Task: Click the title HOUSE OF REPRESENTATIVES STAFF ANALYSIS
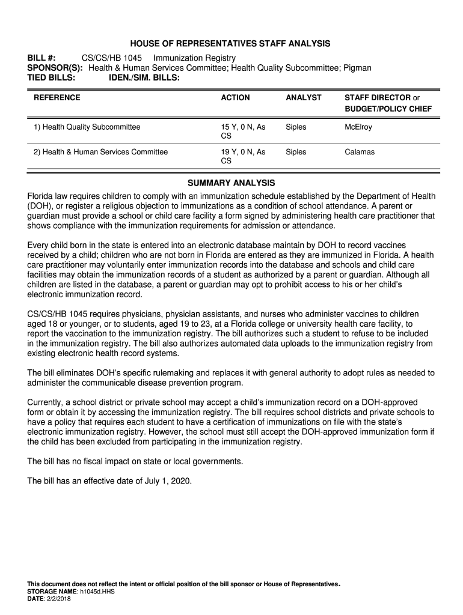pos(231,44)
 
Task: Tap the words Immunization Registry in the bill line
pos(194,58)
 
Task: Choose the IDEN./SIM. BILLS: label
pos(144,78)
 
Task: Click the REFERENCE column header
pos(57,97)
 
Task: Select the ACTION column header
pos(235,97)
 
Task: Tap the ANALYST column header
pos(304,97)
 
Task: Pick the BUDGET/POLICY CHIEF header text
pos(388,109)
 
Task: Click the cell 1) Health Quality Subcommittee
pos(87,127)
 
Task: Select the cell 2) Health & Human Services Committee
pos(100,152)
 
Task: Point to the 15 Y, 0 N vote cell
pos(243,127)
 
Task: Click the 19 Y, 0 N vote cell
pos(243,152)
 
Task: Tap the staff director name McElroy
pos(358,127)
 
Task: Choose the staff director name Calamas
pos(360,152)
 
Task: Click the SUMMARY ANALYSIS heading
pos(231,183)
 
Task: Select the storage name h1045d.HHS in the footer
pos(97,591)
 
